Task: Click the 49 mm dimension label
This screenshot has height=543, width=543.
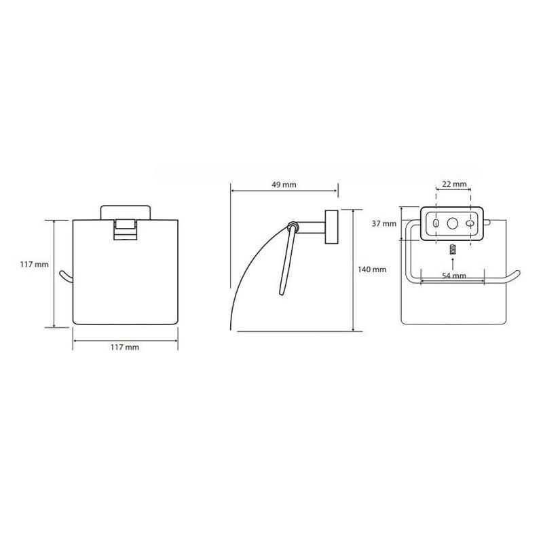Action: [x=284, y=185]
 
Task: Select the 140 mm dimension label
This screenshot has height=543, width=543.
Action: [x=372, y=269]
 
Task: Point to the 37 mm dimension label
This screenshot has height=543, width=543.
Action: [x=384, y=224]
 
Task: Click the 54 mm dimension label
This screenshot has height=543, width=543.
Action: [x=453, y=276]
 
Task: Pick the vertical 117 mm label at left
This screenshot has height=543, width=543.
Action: [x=35, y=264]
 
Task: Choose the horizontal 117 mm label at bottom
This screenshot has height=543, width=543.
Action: [x=125, y=347]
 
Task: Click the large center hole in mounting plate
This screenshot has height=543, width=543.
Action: [x=452, y=223]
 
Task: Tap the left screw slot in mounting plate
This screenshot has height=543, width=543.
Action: [x=436, y=223]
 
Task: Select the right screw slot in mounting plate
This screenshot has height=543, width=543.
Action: [x=470, y=224]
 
